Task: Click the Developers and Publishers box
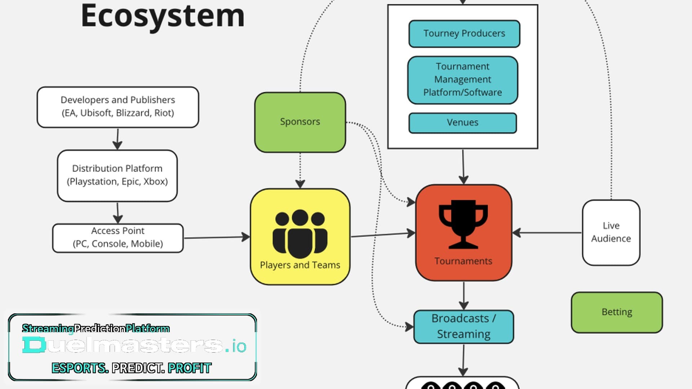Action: pyautogui.click(x=118, y=107)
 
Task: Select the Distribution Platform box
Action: pyautogui.click(x=117, y=175)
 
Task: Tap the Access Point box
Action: pyautogui.click(x=118, y=238)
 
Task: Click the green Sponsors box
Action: pyautogui.click(x=300, y=122)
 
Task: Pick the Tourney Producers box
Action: pyautogui.click(x=464, y=33)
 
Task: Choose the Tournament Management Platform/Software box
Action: pyautogui.click(x=463, y=80)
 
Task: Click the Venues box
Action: pyautogui.click(x=463, y=123)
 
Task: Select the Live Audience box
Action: pyautogui.click(x=611, y=232)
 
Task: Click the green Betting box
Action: pyautogui.click(x=617, y=312)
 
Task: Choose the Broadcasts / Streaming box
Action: pyautogui.click(x=463, y=327)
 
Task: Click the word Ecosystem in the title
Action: pyautogui.click(x=163, y=16)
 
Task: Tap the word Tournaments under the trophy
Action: pyautogui.click(x=463, y=261)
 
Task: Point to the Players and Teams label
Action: pyautogui.click(x=300, y=265)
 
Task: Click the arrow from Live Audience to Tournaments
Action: pyautogui.click(x=547, y=233)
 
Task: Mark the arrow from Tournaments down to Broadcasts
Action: pyautogui.click(x=464, y=295)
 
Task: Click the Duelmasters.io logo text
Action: pyautogui.click(x=134, y=345)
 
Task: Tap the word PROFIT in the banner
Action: pyautogui.click(x=190, y=368)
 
